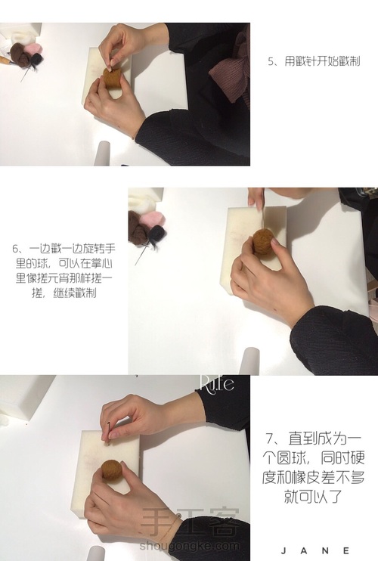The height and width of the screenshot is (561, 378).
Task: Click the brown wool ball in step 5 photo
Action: [x=112, y=78]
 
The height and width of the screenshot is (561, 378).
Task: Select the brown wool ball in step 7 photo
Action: [x=112, y=470]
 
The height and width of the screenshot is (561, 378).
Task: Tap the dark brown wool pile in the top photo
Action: [x=20, y=54]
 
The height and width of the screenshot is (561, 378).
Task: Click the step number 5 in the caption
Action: [x=271, y=61]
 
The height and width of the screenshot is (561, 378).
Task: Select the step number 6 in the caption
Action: [x=15, y=249]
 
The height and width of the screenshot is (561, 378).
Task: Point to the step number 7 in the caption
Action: [x=270, y=438]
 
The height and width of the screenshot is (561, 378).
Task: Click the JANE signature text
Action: [x=314, y=550]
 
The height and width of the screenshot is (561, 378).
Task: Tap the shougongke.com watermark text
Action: [x=190, y=546]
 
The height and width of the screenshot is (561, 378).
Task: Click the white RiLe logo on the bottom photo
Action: [x=216, y=383]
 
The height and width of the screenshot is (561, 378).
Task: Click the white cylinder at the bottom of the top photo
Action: [x=104, y=153]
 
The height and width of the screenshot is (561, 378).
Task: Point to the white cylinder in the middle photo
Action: [x=250, y=361]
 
